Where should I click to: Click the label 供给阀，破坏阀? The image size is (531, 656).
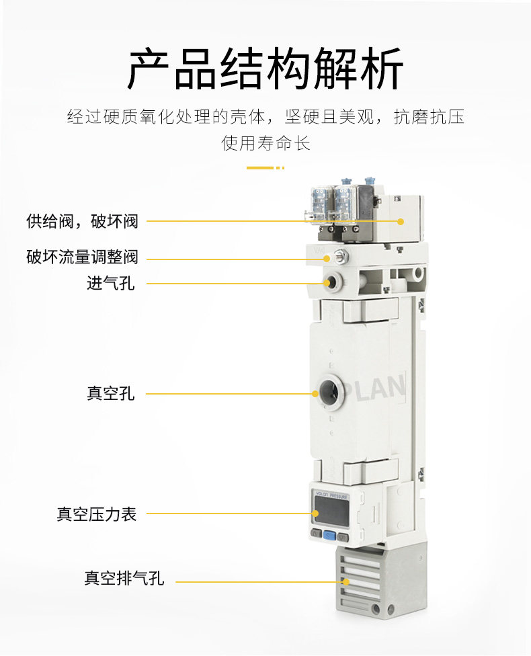(x=82, y=221)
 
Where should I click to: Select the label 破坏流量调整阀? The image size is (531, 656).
(x=82, y=257)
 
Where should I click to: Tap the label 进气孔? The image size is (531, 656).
(x=110, y=283)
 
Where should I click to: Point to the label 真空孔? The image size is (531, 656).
(x=110, y=393)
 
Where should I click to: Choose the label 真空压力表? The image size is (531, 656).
(x=97, y=514)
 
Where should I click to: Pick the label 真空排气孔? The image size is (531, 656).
(x=124, y=578)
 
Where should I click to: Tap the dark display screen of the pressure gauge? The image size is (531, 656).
(x=331, y=513)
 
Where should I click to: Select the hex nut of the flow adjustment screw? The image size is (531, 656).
(x=339, y=255)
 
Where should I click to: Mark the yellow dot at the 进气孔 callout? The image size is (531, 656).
(x=327, y=283)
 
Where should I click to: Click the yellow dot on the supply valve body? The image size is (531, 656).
(x=401, y=221)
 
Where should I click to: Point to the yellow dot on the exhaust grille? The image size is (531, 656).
(x=345, y=581)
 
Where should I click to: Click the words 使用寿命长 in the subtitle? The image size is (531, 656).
(x=265, y=143)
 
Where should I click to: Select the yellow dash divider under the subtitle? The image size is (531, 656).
(x=265, y=168)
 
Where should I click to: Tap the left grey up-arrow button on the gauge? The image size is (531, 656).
(x=317, y=534)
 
